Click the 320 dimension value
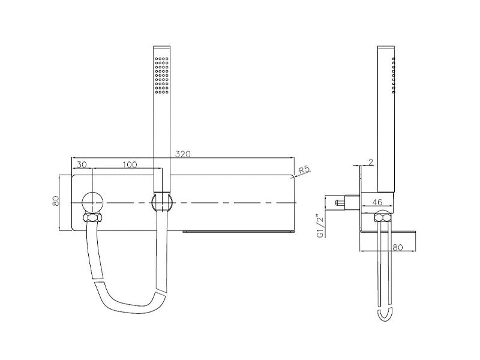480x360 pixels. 183,154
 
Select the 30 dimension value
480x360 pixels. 82,164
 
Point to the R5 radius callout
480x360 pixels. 304,170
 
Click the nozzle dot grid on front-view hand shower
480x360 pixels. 161,75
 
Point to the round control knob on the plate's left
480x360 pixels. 94,202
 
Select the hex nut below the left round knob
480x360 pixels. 94,218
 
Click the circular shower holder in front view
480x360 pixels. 161,202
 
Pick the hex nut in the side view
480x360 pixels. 380,218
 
